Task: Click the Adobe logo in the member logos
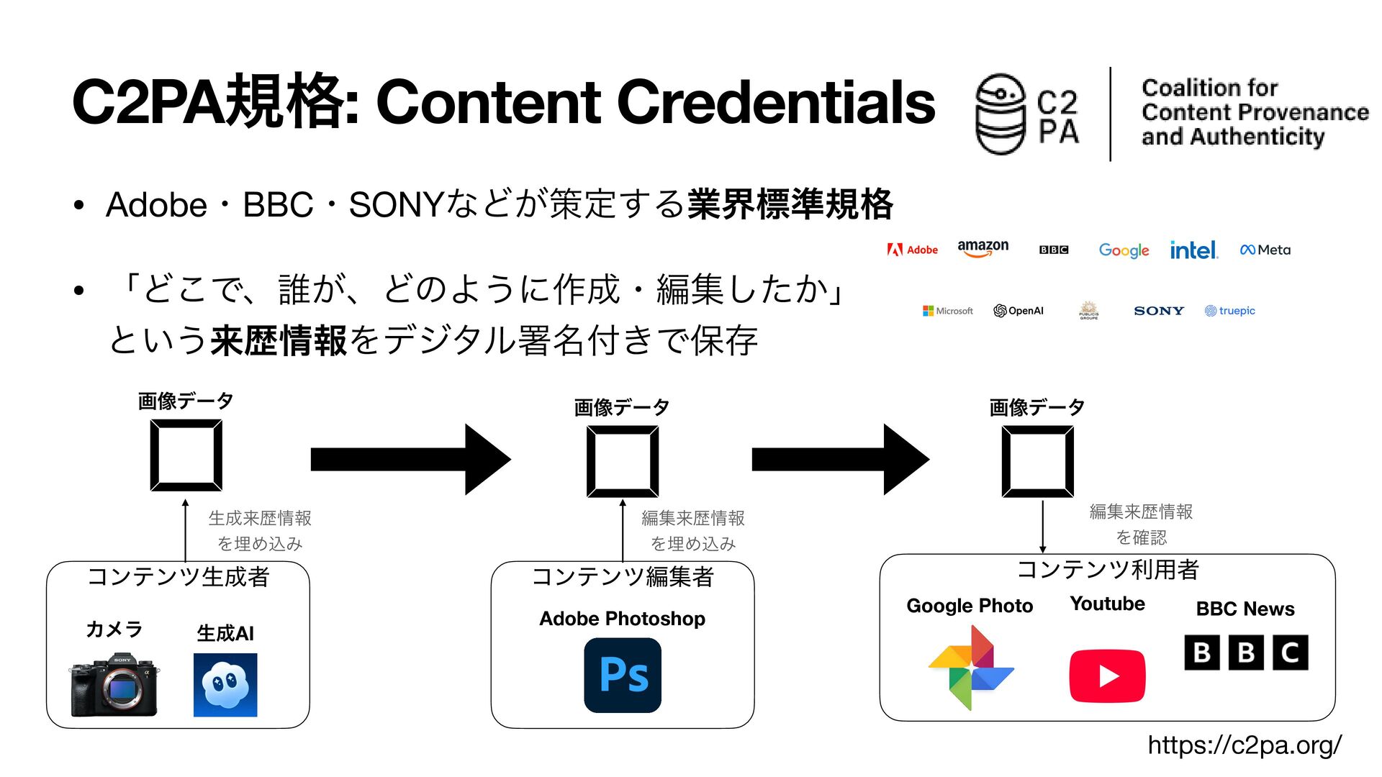(x=913, y=250)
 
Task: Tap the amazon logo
(x=983, y=248)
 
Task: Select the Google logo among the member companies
(x=1124, y=250)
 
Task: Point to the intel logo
(x=1193, y=250)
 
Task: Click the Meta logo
(x=1265, y=250)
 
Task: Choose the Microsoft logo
(x=947, y=311)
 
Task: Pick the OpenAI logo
(x=1018, y=311)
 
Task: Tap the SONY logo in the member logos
(x=1158, y=311)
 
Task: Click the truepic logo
(x=1229, y=311)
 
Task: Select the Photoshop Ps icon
(x=623, y=675)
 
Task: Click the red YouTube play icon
(x=1107, y=676)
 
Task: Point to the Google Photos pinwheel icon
(x=971, y=668)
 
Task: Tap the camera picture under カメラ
(x=114, y=685)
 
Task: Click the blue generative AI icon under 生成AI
(x=225, y=685)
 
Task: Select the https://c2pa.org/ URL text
(x=1245, y=745)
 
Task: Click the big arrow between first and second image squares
(x=410, y=459)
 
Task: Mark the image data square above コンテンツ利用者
(x=1038, y=461)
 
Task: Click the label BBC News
(x=1245, y=609)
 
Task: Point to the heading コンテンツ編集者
(x=623, y=576)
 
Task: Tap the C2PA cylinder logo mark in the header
(x=1000, y=114)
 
